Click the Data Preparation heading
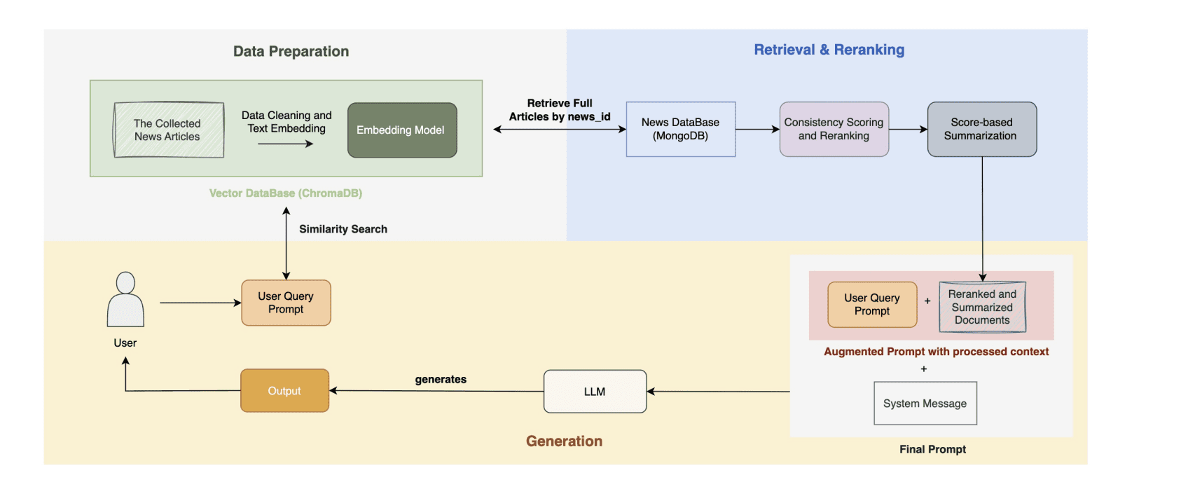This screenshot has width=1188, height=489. tap(291, 51)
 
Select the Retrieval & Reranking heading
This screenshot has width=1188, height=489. tap(829, 50)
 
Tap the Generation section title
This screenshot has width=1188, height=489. tap(564, 441)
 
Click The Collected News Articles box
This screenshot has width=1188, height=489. tap(168, 130)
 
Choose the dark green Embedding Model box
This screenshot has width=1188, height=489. tap(402, 130)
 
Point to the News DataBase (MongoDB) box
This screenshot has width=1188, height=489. tap(680, 129)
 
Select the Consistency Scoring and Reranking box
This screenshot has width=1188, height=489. tap(834, 129)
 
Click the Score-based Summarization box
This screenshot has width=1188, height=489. tap(981, 129)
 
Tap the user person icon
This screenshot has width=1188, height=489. tap(125, 300)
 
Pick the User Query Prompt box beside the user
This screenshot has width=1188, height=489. tap(286, 303)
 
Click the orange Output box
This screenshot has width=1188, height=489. tap(284, 391)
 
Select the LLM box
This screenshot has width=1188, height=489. tap(595, 392)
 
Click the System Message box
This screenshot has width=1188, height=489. tap(925, 404)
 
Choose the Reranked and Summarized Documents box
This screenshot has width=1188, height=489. tap(982, 307)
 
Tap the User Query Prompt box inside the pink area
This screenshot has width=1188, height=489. tap(872, 305)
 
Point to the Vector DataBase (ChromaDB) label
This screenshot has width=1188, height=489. tap(286, 193)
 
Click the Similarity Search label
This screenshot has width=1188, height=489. tap(343, 229)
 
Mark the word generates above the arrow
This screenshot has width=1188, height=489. tap(441, 379)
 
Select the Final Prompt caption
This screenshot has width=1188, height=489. tap(932, 449)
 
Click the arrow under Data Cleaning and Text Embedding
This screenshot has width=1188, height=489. tap(285, 144)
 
